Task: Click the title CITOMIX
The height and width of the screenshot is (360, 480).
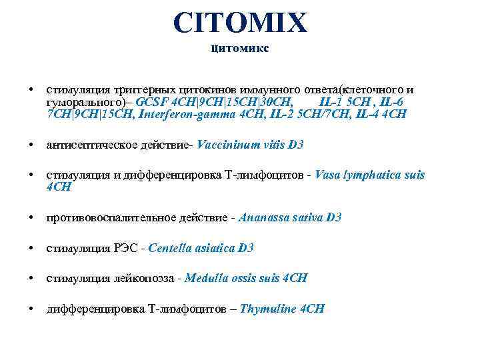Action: (240, 22)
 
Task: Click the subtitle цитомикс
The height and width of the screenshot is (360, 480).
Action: (240, 48)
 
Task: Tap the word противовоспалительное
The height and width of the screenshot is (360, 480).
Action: (100, 217)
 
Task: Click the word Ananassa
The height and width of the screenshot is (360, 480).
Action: (259, 217)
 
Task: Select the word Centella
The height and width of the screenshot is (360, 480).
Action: (170, 248)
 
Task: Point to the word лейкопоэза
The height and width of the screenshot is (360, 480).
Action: (141, 278)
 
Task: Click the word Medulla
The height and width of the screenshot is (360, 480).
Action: (207, 278)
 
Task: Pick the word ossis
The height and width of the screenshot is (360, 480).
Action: (245, 278)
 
